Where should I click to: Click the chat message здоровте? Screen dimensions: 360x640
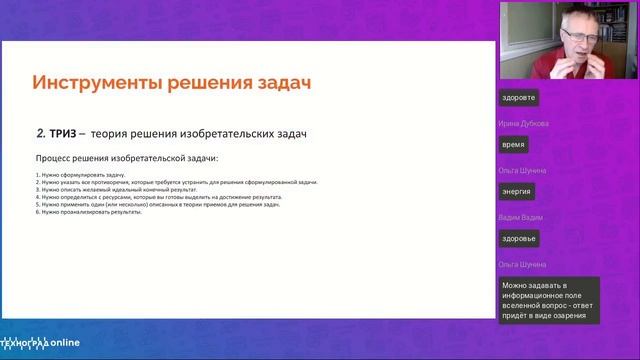tap(521, 98)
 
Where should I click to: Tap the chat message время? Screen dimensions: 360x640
tap(514, 144)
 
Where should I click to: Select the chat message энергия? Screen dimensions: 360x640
tap(517, 191)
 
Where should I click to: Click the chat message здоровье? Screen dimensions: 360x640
tap(521, 238)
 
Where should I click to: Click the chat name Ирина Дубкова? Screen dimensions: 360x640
tap(523, 123)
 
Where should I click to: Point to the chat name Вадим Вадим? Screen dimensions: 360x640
tap(520, 217)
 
